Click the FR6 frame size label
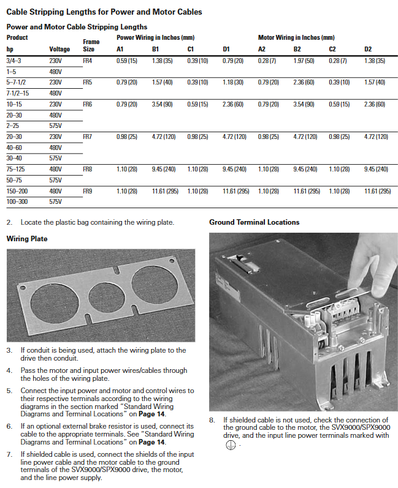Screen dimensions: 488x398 [x=87, y=105]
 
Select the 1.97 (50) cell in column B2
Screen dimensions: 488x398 [x=304, y=61]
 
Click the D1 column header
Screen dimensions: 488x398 [x=226, y=49]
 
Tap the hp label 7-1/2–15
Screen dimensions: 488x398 [x=18, y=92]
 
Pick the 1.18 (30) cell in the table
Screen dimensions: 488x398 [x=233, y=82]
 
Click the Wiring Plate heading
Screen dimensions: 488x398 [x=26, y=238]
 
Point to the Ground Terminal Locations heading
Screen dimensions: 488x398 [x=254, y=222]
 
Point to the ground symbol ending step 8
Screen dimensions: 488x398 [x=228, y=445]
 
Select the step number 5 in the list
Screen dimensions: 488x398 [x=9, y=391]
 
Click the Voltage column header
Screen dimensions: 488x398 [x=59, y=49]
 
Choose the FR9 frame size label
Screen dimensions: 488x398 [x=87, y=191]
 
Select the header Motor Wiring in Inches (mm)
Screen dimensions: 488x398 [x=296, y=37]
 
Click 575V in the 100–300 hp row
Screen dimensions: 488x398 [x=55, y=201]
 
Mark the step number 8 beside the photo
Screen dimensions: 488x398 [x=212, y=421]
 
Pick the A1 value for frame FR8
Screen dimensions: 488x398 [x=126, y=168]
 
